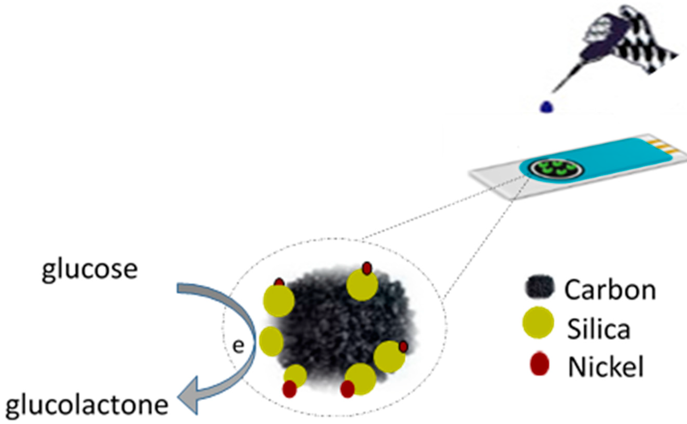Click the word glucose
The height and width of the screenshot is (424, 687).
90,270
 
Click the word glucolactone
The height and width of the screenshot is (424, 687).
87,405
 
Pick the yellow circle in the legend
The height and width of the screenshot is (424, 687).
538,322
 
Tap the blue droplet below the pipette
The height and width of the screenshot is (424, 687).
546,107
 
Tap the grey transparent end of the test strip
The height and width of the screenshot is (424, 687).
494,179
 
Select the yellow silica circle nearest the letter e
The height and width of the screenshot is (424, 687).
271,341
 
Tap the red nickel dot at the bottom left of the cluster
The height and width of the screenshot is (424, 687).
289,389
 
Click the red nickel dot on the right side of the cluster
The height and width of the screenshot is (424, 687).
403,347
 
